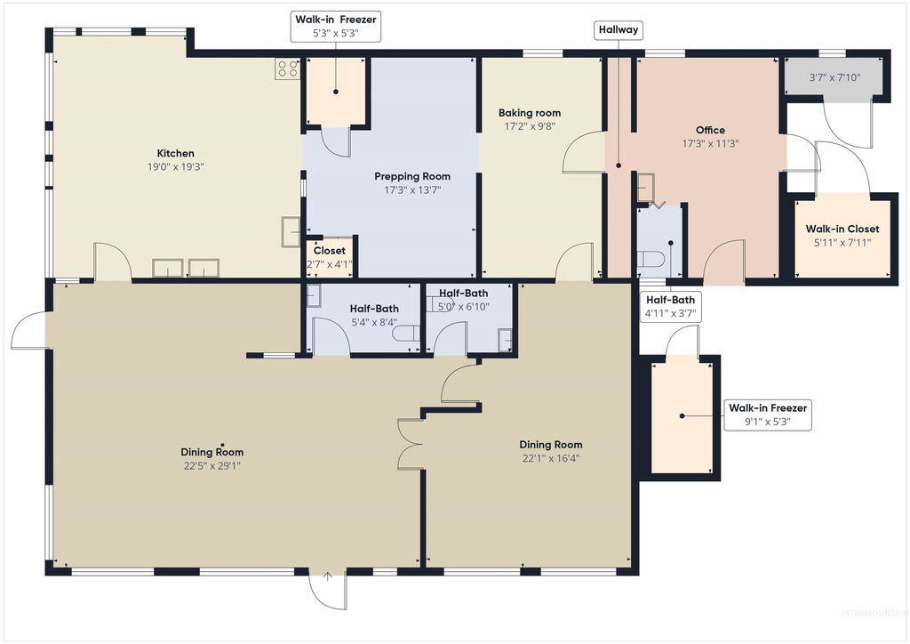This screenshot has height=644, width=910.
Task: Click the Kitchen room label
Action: click(175, 153)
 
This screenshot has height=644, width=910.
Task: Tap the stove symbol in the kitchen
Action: click(287, 69)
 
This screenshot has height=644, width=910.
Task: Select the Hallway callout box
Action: click(619, 29)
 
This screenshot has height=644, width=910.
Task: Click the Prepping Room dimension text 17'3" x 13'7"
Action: click(412, 189)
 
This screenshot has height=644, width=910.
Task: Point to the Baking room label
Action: click(530, 113)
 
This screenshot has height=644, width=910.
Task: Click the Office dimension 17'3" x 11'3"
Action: click(710, 143)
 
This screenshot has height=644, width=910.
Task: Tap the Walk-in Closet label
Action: click(842, 229)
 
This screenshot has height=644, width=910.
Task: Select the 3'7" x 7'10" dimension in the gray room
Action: click(834, 77)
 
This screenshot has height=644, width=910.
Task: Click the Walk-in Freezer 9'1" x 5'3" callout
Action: click(767, 415)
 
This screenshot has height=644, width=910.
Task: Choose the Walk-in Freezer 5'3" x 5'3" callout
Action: click(335, 26)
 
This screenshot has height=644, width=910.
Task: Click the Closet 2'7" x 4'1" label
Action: click(329, 257)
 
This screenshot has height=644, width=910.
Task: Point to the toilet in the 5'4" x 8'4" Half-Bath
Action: click(405, 334)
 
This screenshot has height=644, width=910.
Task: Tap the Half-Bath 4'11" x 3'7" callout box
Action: click(670, 306)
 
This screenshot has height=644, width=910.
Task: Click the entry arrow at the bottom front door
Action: click(327, 576)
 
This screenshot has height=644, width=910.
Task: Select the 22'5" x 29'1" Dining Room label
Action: click(212, 458)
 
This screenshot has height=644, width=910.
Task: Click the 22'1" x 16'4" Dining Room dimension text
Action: click(551, 458)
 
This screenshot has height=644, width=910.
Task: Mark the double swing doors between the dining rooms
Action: click(411, 443)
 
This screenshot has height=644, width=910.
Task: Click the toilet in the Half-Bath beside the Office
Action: click(650, 259)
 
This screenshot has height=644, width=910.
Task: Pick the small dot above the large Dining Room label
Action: click(221, 444)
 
